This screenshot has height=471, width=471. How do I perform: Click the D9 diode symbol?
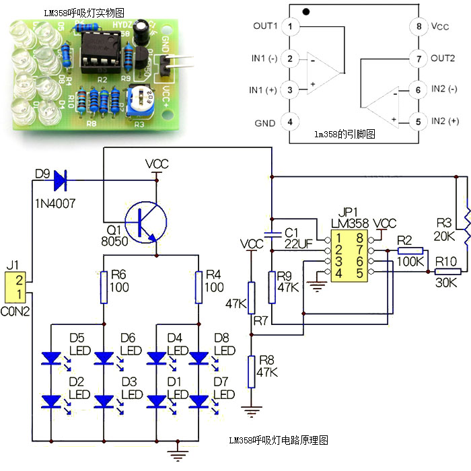[59, 180]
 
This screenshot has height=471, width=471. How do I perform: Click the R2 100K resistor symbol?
[410, 250]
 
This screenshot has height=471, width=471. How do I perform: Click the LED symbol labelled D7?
[199, 401]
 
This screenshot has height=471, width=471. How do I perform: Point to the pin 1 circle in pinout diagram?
[289, 26]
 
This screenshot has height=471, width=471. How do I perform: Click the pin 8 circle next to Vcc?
[419, 26]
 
